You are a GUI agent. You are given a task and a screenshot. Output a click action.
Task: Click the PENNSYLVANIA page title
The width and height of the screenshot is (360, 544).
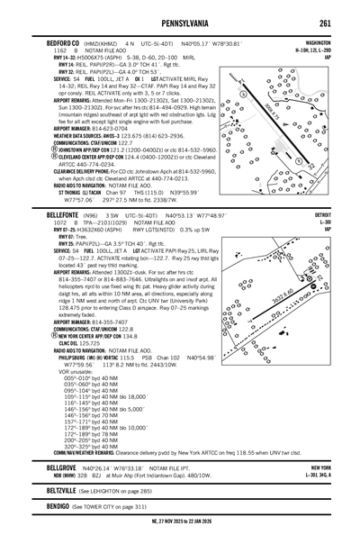[180, 23]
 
